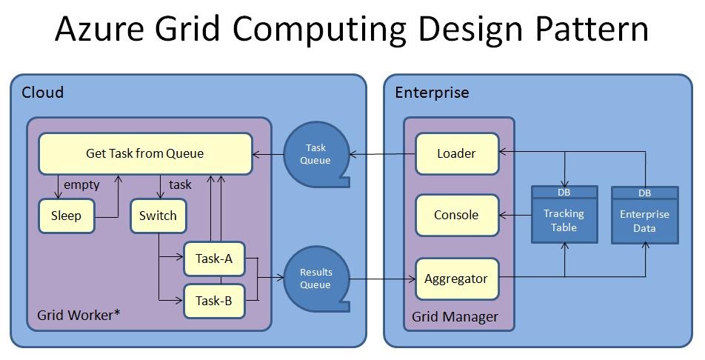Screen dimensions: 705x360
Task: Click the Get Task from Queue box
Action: [145, 153]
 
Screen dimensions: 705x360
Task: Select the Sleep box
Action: [67, 216]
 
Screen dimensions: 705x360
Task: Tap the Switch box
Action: [158, 216]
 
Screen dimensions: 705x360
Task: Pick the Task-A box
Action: [214, 259]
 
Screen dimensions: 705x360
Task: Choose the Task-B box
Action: [214, 301]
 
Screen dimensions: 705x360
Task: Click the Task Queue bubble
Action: [316, 154]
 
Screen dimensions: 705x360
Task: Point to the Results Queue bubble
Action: [316, 279]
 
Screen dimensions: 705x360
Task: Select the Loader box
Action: [457, 153]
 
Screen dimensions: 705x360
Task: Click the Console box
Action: [457, 215]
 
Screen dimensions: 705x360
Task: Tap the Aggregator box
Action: [457, 279]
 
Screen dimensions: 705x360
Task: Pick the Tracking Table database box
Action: [564, 215]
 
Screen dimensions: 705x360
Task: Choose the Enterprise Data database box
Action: [645, 215]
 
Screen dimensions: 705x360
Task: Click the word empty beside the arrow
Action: [81, 185]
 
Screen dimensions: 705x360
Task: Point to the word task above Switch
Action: [180, 184]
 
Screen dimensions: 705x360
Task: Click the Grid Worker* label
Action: [78, 315]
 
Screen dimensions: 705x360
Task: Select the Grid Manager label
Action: [455, 317]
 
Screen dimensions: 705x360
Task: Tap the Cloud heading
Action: [43, 93]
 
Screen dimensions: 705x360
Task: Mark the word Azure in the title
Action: [99, 28]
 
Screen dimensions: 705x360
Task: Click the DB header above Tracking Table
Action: [564, 193]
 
